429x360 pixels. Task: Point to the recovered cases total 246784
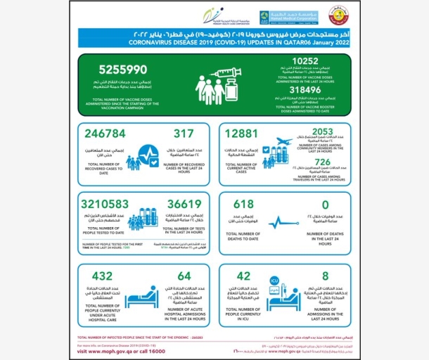(x=107, y=134)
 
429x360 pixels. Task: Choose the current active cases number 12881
(x=242, y=134)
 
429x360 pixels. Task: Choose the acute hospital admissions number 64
(x=184, y=277)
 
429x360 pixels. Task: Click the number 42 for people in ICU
(x=245, y=277)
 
